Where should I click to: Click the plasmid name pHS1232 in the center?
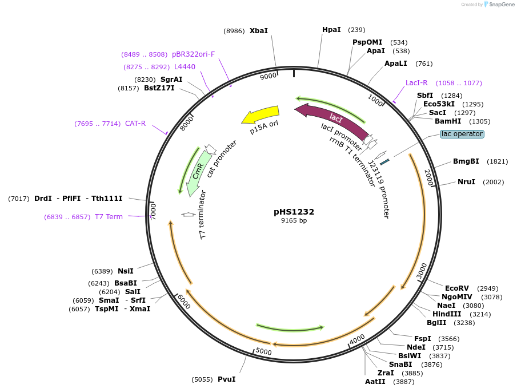coord(294,212)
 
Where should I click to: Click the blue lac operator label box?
coord(462,134)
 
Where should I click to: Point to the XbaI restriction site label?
coord(258,30)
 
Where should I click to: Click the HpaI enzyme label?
coord(331,30)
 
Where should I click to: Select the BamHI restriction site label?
coord(448,121)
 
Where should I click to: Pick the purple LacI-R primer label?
coord(416,83)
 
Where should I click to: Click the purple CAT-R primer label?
coord(135,124)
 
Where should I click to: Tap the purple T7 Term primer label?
coord(109,217)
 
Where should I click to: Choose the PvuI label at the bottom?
coord(226,379)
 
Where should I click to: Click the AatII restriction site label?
coord(375,382)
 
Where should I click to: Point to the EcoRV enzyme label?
coord(456,288)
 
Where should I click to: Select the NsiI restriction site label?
coord(126,271)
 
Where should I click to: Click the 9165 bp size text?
coord(294,221)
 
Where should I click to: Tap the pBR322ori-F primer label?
coord(193,54)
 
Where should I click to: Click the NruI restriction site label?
coord(466,182)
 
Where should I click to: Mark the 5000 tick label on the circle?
coord(263,351)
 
